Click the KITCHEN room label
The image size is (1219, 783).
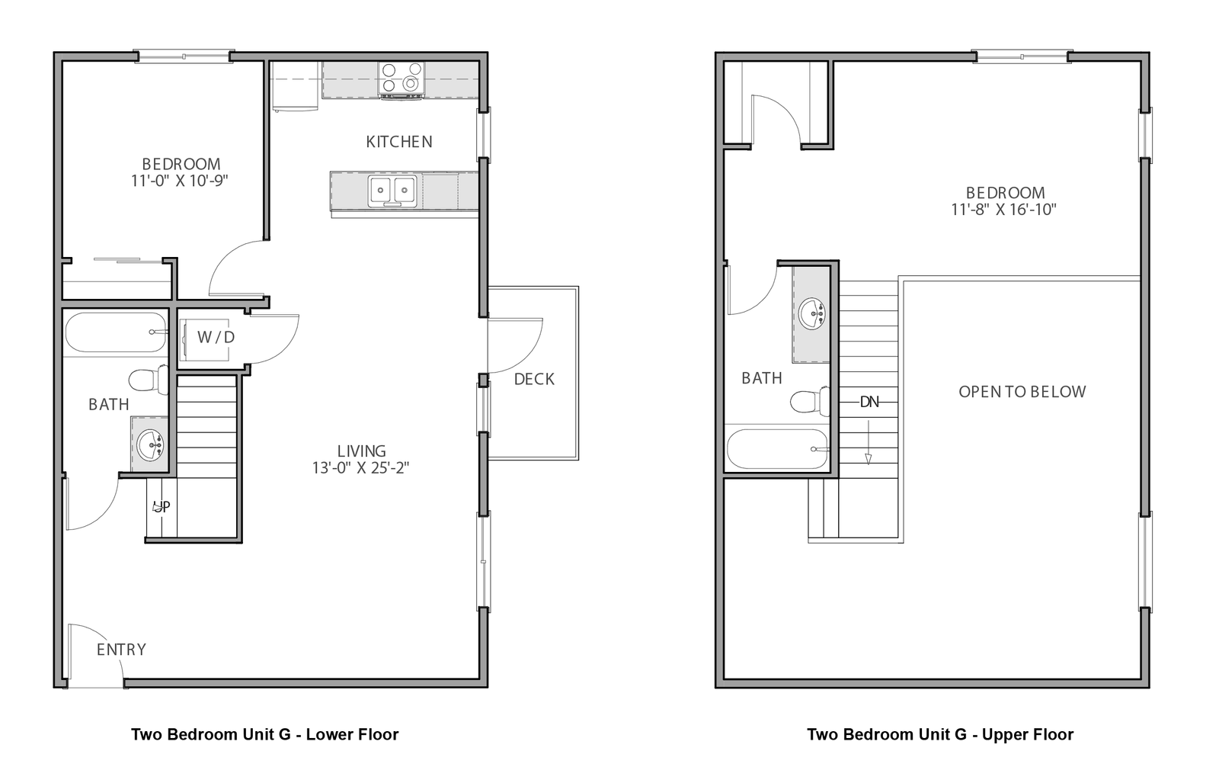click(399, 142)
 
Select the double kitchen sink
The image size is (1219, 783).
click(392, 191)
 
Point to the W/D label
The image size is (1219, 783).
click(216, 337)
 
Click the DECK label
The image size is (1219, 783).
click(534, 379)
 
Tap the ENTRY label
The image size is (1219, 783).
click(121, 649)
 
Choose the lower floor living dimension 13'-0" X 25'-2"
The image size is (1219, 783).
click(361, 467)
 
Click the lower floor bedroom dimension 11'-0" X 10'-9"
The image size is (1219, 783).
click(180, 181)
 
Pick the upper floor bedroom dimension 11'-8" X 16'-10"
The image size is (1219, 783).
click(1004, 210)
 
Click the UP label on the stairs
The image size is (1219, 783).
click(162, 507)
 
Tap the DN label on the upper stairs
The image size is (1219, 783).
click(869, 402)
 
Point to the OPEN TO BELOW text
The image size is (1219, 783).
click(1022, 392)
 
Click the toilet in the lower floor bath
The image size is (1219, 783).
click(149, 380)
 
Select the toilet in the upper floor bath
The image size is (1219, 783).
click(810, 401)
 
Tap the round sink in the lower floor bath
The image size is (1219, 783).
click(149, 444)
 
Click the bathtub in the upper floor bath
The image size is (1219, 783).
click(778, 449)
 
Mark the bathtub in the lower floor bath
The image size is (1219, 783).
click(115, 332)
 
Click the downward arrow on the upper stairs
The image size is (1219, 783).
click(869, 441)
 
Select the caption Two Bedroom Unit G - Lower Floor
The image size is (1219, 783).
click(265, 734)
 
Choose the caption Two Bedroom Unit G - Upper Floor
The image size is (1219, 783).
click(940, 734)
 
